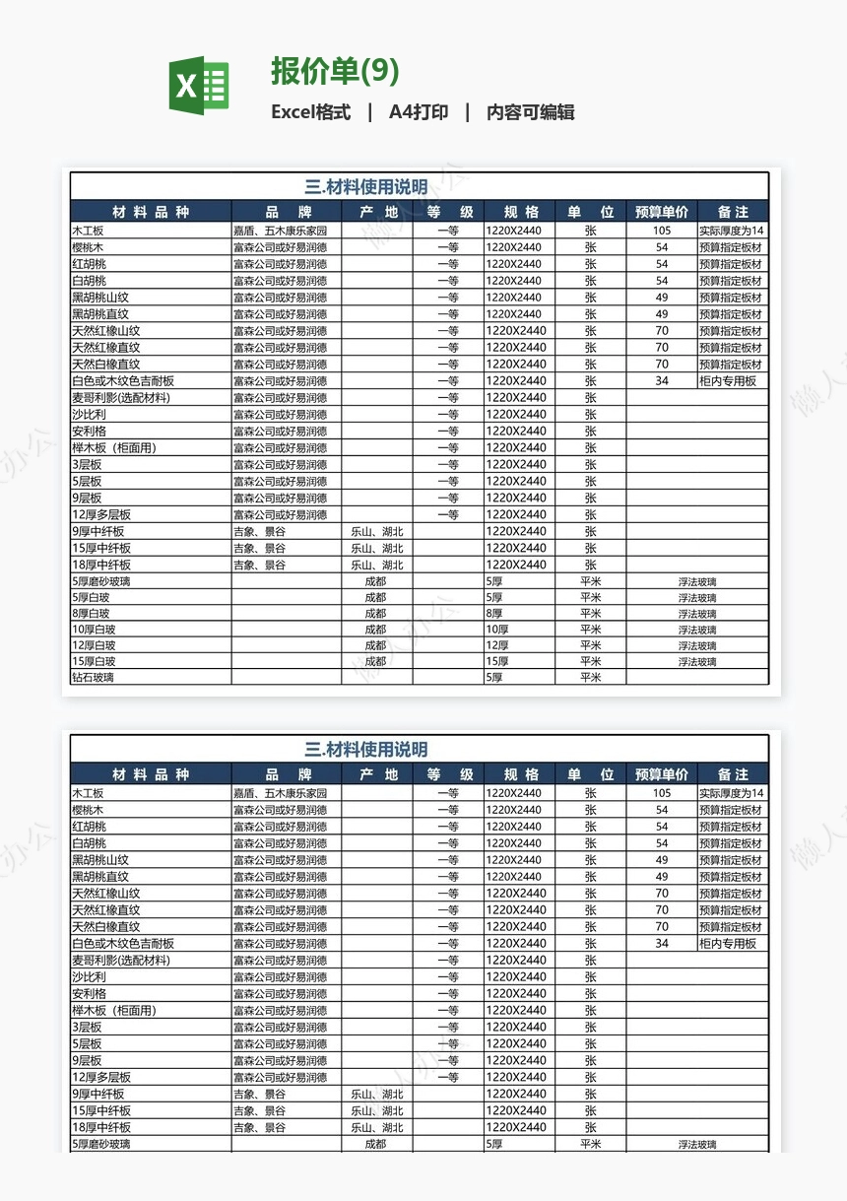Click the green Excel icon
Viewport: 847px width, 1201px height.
click(199, 86)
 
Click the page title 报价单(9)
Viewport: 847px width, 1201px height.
click(335, 72)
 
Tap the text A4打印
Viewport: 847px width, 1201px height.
click(419, 112)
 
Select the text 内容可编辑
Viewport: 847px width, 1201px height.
click(530, 112)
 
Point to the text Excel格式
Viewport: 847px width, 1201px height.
click(310, 112)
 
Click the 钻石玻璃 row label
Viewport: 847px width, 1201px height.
click(94, 678)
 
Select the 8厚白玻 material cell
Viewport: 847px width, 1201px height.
click(91, 614)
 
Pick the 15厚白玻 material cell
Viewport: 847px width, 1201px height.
click(94, 662)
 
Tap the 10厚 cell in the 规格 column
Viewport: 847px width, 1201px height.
click(497, 630)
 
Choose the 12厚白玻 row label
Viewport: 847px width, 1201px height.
click(94, 645)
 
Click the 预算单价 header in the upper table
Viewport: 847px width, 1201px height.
click(661, 212)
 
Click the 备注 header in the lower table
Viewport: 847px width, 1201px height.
click(733, 774)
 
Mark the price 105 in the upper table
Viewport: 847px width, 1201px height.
click(661, 231)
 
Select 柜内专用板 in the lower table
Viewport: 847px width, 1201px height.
click(728, 944)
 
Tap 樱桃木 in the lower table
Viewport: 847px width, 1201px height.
click(88, 810)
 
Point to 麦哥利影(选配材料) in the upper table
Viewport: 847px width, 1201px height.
click(121, 398)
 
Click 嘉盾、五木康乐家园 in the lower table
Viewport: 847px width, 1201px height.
click(280, 793)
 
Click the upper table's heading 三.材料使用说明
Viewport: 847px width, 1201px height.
click(366, 187)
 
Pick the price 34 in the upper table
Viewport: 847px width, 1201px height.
click(661, 381)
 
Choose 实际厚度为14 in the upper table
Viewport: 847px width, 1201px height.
click(732, 231)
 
